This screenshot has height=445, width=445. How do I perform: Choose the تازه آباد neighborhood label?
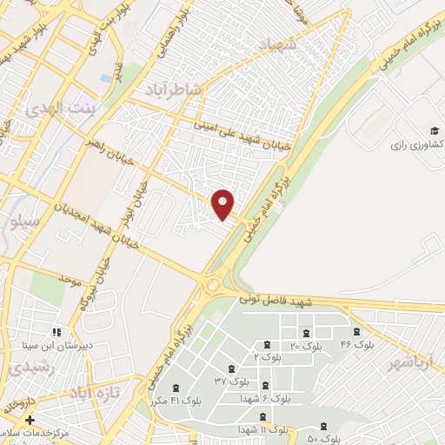tap(92, 392)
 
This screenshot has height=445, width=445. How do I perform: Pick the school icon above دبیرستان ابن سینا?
tap(56, 331)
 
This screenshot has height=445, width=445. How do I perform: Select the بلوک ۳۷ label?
tap(231, 381)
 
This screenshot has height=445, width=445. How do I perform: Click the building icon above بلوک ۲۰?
tap(305, 333)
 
